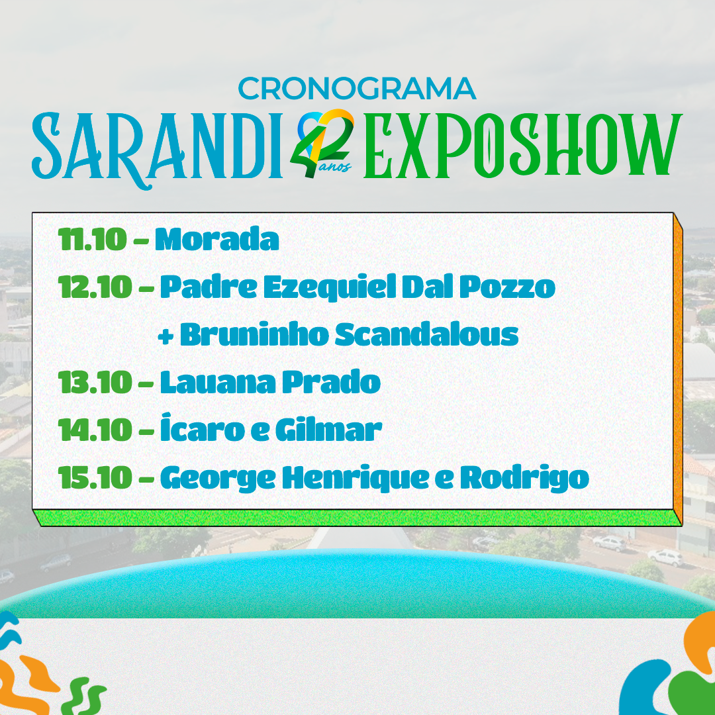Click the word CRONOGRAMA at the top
(x=357, y=89)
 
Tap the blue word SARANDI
(x=158, y=148)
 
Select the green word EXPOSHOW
(x=523, y=146)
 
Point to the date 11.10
(x=93, y=239)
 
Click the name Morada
(x=217, y=239)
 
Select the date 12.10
(x=95, y=287)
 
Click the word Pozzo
(x=507, y=287)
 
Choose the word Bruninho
(x=254, y=334)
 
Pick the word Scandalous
(x=427, y=334)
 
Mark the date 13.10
(x=95, y=382)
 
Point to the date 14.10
(x=95, y=430)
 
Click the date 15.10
(x=95, y=477)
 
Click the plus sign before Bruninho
(x=166, y=336)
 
